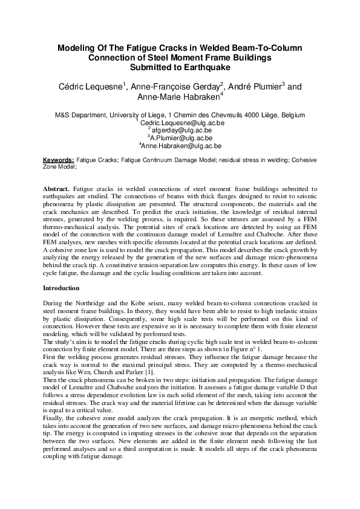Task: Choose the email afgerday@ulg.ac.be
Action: click(181, 130)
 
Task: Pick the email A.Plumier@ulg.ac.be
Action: click(181, 138)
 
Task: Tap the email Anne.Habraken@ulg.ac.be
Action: click(181, 146)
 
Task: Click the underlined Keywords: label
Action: click(59, 160)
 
